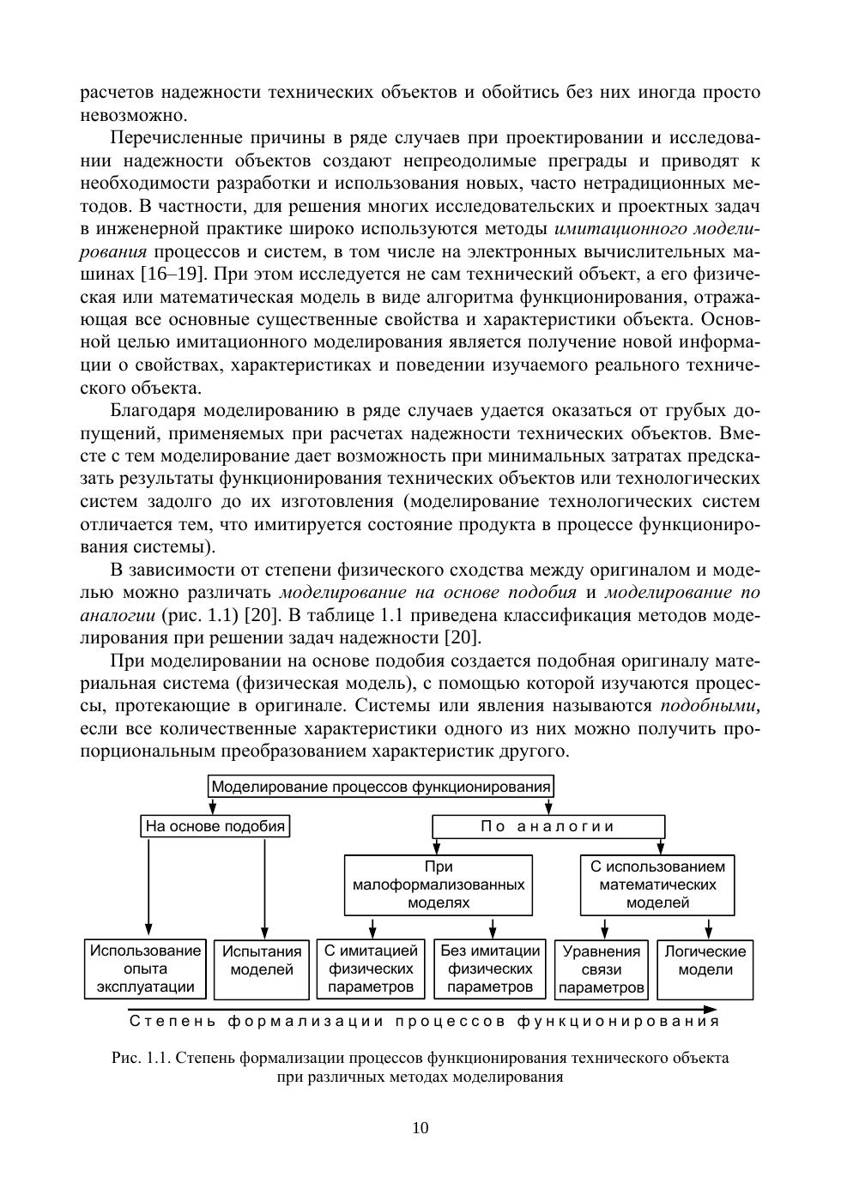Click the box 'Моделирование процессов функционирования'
381,787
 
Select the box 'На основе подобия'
215,827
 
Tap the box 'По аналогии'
548,827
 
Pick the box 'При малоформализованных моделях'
439,884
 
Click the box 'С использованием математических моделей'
657,884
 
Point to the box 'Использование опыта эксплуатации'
146,969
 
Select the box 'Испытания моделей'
262,969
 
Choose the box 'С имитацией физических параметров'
371,969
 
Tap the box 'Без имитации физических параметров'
490,969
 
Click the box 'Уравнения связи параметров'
602,969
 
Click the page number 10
420,1128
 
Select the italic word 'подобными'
710,706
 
